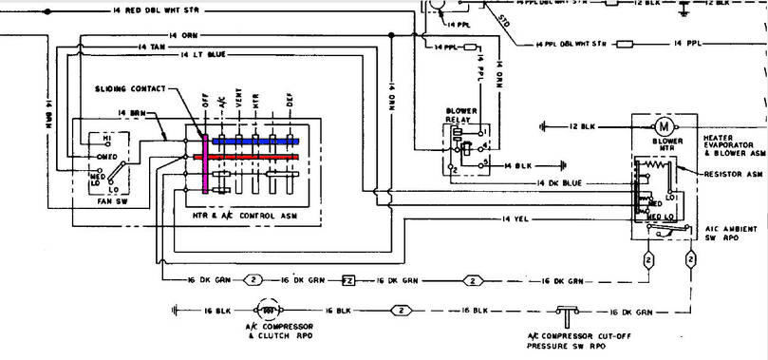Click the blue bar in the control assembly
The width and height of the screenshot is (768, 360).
click(254, 141)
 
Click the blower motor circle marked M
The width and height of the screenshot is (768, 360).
click(664, 125)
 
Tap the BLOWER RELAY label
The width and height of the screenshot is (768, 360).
click(460, 116)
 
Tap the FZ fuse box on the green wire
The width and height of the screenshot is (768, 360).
click(348, 280)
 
